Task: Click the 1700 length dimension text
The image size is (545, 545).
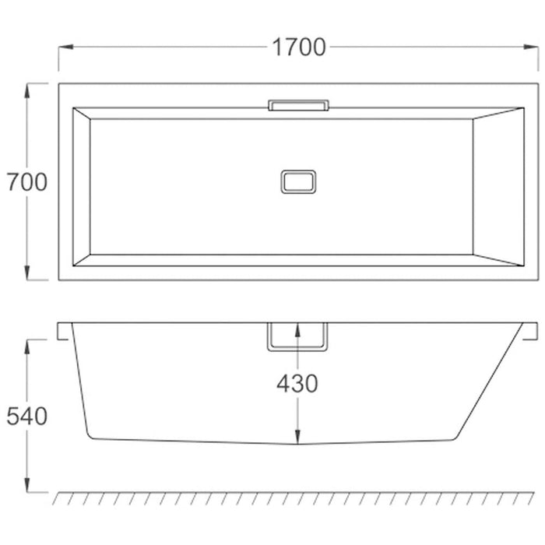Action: (x=298, y=47)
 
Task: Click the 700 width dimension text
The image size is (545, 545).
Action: (x=27, y=182)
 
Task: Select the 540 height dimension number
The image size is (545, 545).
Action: (x=27, y=417)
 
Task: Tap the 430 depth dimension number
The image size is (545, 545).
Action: (x=297, y=383)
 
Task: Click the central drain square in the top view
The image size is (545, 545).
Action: (x=298, y=181)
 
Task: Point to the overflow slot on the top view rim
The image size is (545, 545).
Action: (x=298, y=104)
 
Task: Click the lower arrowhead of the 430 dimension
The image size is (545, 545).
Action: (x=297, y=437)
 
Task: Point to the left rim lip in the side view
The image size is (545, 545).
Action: (x=65, y=331)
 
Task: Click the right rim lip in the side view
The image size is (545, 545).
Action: (x=530, y=331)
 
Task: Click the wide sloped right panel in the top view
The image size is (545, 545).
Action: (x=499, y=187)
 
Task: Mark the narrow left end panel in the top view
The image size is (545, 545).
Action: (x=82, y=187)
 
